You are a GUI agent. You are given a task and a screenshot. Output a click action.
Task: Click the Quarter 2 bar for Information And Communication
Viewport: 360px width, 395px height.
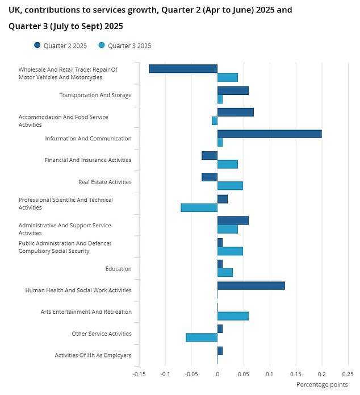269,134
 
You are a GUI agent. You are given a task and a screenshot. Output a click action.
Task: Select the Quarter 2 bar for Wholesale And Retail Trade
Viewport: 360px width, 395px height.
183,69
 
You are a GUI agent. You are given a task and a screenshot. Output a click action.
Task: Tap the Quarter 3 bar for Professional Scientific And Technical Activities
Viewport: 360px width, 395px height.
199,207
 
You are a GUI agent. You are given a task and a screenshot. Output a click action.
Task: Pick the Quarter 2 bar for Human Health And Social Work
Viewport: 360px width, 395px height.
251,286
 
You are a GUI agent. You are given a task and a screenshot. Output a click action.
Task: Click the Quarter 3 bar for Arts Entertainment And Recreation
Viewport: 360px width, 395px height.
233,316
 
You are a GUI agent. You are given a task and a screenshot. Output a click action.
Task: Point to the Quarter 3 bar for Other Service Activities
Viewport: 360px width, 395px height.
202,338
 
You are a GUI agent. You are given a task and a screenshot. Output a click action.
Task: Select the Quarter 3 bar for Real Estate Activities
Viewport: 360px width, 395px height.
230,186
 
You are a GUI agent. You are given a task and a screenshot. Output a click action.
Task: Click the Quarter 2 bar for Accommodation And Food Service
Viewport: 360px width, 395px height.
235,112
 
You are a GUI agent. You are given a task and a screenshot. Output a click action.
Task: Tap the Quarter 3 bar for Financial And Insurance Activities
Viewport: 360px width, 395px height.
228,164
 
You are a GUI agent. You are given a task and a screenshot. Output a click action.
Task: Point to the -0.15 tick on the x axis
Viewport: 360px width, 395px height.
139,374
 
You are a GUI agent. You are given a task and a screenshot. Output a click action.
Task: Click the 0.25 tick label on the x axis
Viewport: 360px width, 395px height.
347,374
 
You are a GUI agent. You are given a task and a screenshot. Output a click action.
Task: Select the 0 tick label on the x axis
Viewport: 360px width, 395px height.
217,374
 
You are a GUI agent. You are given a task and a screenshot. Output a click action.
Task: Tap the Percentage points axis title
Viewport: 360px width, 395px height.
321,385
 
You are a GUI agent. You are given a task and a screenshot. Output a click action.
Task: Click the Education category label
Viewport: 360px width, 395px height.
118,269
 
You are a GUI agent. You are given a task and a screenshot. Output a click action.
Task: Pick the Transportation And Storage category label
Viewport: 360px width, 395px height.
95,95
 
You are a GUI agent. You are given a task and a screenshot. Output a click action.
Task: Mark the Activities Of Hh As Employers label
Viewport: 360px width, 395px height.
93,356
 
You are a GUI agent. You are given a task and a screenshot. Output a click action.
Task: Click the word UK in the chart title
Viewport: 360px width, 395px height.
15,10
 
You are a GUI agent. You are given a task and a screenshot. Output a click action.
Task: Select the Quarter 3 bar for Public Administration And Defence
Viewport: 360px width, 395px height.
230,251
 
